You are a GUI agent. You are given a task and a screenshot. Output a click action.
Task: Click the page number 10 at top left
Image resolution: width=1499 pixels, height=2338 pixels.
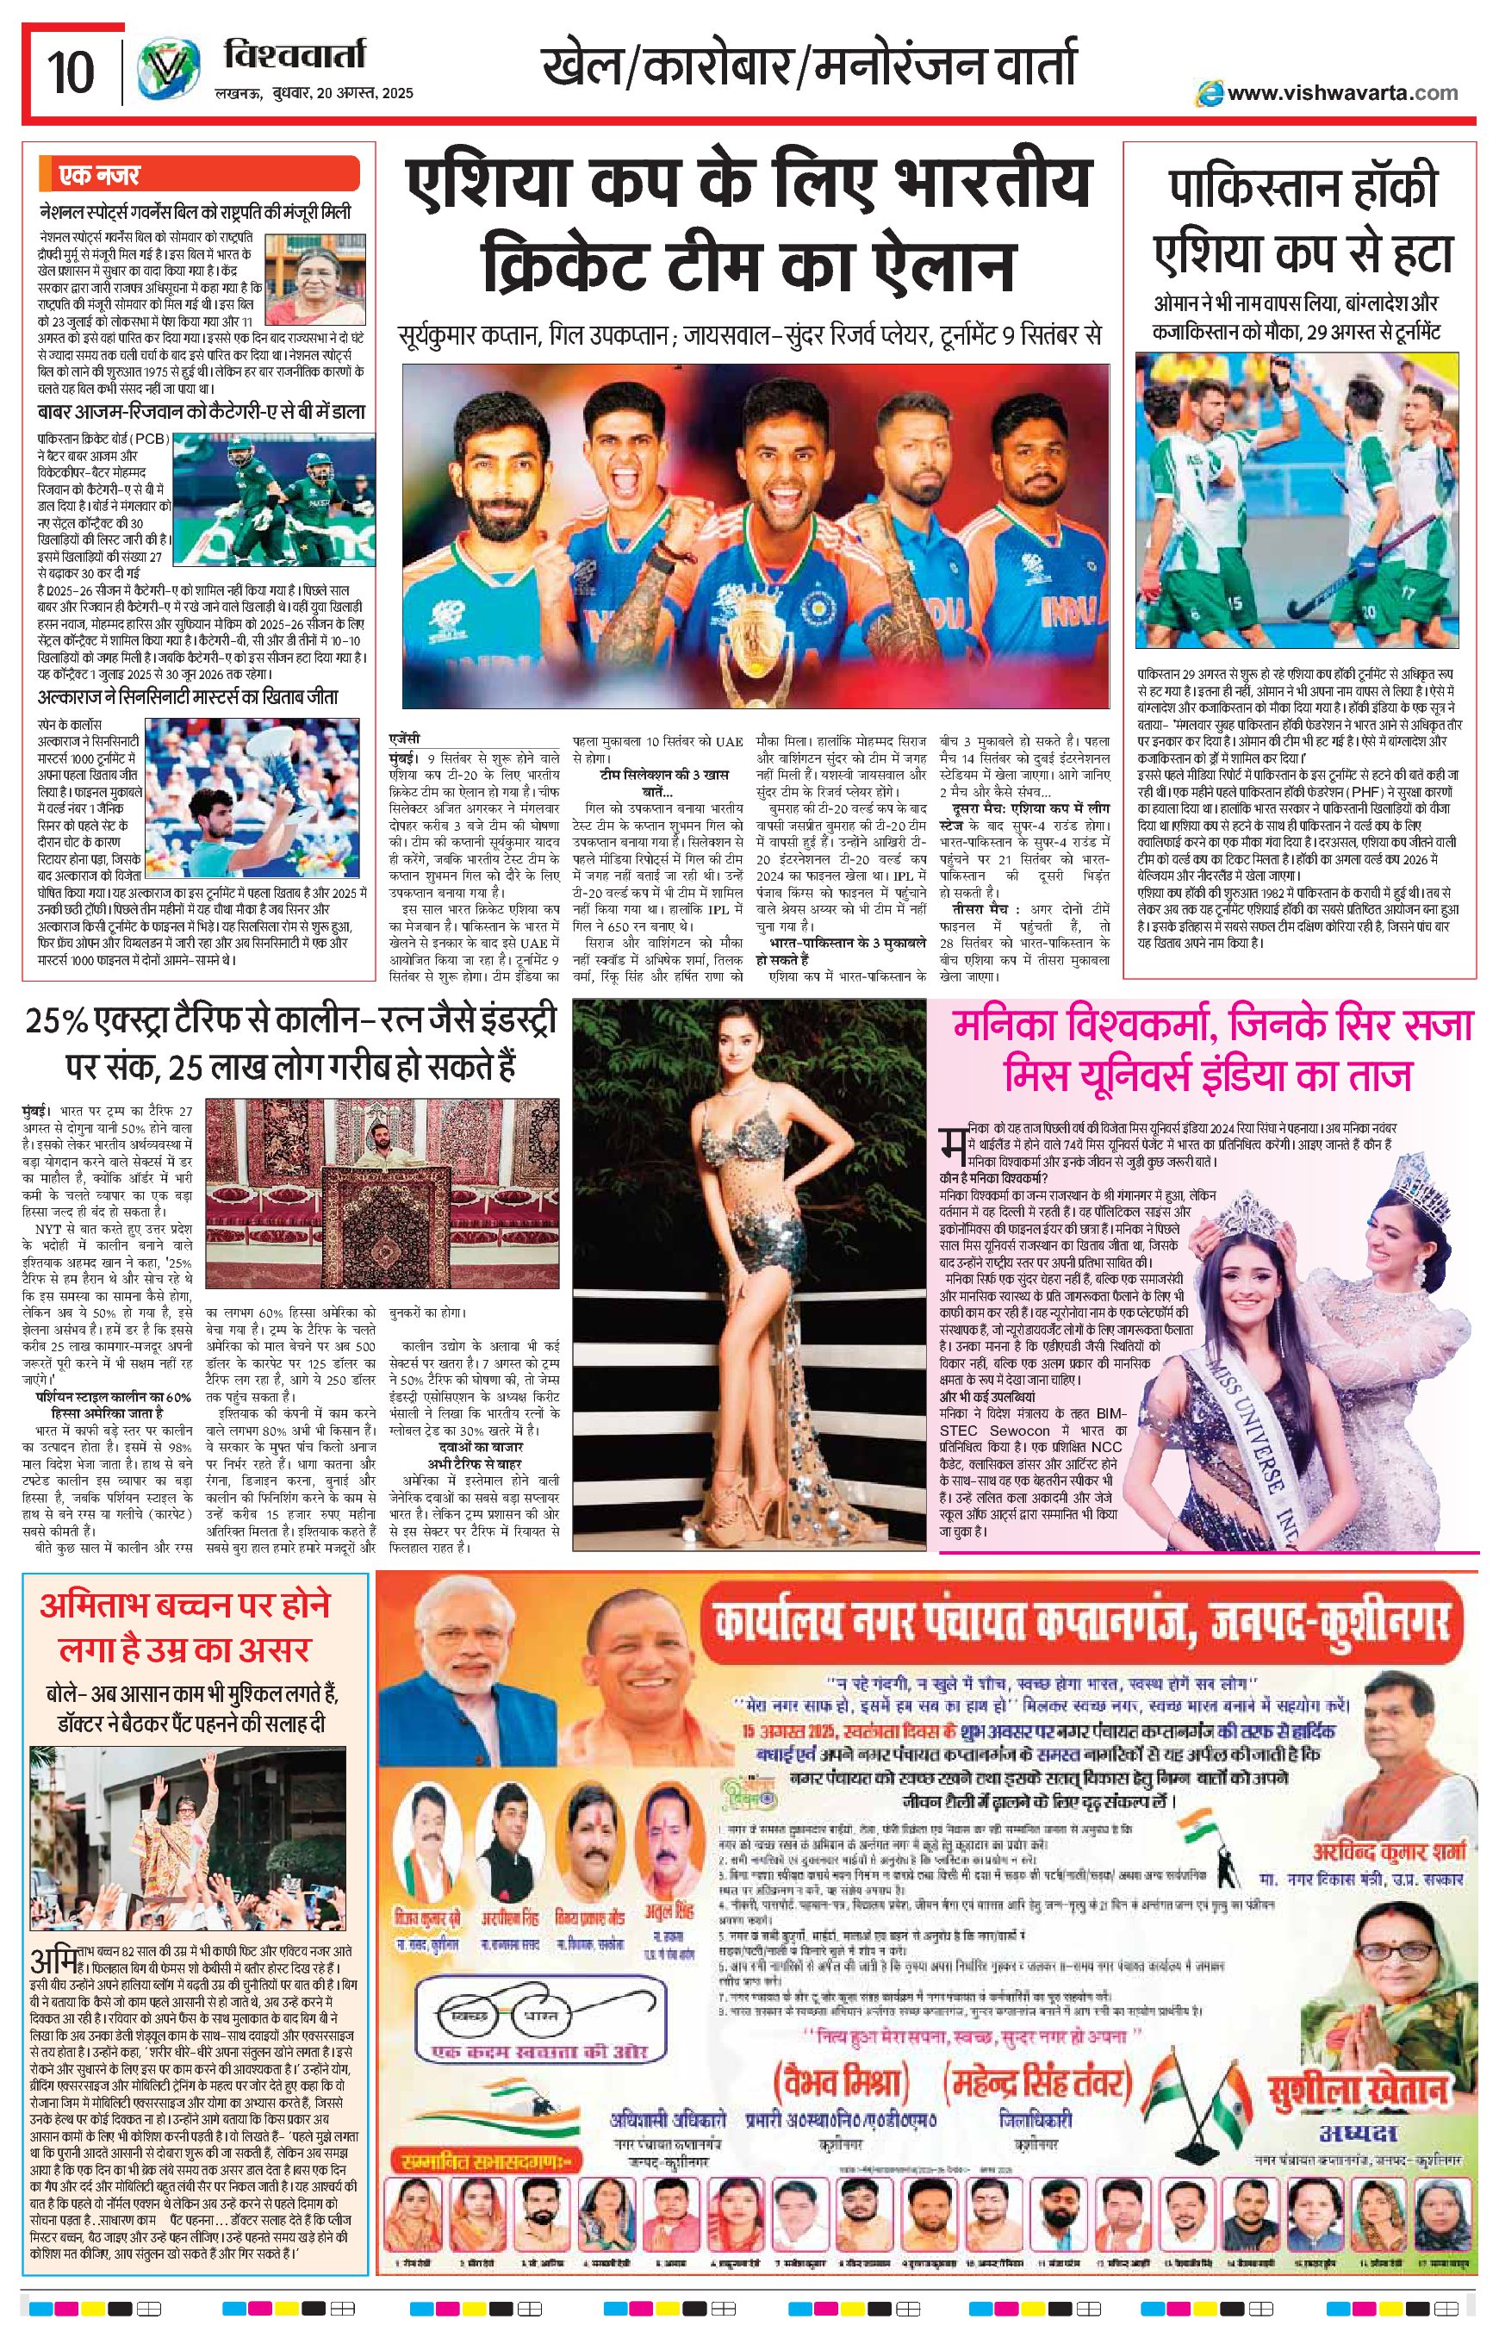click(70, 70)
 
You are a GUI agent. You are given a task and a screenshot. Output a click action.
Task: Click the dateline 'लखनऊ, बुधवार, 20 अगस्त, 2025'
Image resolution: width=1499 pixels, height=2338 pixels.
click(314, 93)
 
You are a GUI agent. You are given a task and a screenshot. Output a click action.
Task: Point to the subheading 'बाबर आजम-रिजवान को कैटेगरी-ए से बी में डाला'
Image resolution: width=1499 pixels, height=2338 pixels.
click(202, 411)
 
